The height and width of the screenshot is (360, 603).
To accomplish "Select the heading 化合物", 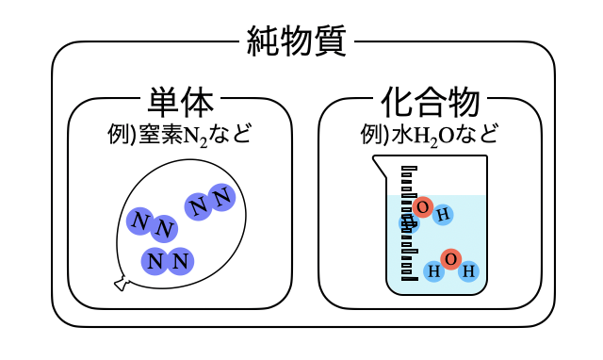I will coord(432,102).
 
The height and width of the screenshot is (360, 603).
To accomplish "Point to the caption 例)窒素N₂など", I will coord(179,134).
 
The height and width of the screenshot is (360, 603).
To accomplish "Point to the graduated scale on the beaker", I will coord(410,223).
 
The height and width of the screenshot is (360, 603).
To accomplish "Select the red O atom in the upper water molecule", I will coord(421,207).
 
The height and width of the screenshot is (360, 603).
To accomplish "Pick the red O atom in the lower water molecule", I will coord(450,259).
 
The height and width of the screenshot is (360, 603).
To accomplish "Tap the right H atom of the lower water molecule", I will coord(468,271).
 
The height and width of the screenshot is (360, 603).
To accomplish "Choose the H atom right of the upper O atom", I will coord(443,214).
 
